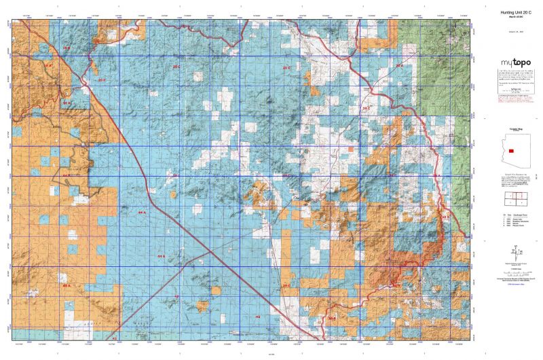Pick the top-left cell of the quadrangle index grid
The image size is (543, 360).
508,196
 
